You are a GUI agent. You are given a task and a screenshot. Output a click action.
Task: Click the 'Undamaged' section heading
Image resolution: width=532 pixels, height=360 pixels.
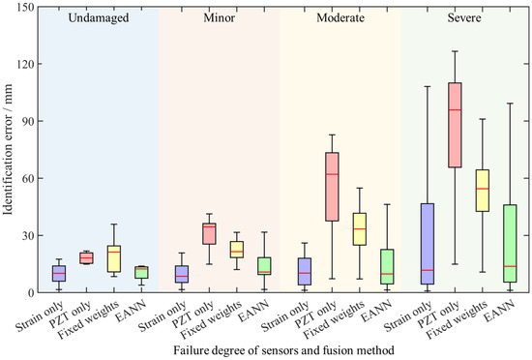coord(99,17)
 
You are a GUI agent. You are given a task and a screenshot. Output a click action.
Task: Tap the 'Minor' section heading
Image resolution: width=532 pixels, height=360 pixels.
coord(220,17)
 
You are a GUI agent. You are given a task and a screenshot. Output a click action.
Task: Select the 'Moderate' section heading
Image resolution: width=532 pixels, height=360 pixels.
coord(340,17)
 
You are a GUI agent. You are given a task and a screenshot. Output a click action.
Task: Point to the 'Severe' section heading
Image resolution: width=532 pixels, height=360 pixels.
coord(464,17)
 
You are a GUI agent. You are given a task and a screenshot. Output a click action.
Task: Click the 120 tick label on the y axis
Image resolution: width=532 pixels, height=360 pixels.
coord(25,64)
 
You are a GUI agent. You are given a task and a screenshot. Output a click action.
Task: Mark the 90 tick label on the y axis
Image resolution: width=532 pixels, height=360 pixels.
coord(27,122)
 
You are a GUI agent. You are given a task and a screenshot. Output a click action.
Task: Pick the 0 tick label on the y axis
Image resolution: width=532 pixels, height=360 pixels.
coord(31,292)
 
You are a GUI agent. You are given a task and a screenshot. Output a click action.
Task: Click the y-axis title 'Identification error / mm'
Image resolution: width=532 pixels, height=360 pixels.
coord(8,149)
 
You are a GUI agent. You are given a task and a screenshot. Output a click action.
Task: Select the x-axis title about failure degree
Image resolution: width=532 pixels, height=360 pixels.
coord(283,350)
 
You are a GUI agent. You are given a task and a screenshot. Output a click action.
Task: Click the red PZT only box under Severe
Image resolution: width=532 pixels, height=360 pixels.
coord(455,125)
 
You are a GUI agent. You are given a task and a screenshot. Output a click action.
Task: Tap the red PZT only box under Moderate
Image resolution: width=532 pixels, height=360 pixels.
coord(332,187)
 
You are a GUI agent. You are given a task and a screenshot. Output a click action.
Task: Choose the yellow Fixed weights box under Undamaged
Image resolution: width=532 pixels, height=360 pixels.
coord(114,259)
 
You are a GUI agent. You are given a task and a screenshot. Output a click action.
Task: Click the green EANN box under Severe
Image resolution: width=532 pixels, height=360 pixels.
coord(510,243)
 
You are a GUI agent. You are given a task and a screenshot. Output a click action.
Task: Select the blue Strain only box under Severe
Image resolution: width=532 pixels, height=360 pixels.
coord(428,244)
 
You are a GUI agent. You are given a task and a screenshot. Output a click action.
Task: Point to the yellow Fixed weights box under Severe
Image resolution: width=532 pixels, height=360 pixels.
coord(482,191)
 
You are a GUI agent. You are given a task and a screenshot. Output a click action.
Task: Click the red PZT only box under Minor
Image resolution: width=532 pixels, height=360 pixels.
coord(209,233)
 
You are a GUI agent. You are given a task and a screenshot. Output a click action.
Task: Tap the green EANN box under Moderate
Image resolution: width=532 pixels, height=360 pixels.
coord(387,267)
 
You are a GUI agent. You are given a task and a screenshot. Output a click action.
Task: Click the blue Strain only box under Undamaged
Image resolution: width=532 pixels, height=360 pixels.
coord(59,274)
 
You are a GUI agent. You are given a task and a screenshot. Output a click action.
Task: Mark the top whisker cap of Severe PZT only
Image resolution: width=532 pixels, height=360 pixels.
coord(455,51)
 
